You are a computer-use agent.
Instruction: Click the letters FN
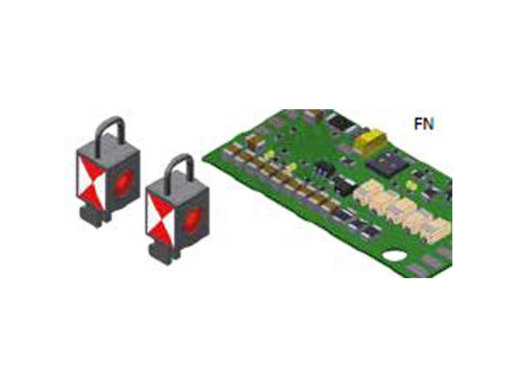point(424,124)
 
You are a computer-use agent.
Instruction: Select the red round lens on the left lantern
point(124,182)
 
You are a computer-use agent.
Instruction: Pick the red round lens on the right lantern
point(193,219)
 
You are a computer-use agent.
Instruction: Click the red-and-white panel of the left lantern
point(92,182)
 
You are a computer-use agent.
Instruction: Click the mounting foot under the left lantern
point(92,216)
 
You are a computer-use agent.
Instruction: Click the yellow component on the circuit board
point(371,141)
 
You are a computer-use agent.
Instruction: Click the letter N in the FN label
point(429,124)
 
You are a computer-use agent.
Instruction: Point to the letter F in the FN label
point(418,124)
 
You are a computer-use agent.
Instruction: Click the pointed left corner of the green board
point(203,159)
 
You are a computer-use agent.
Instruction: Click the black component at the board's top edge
point(341,122)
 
